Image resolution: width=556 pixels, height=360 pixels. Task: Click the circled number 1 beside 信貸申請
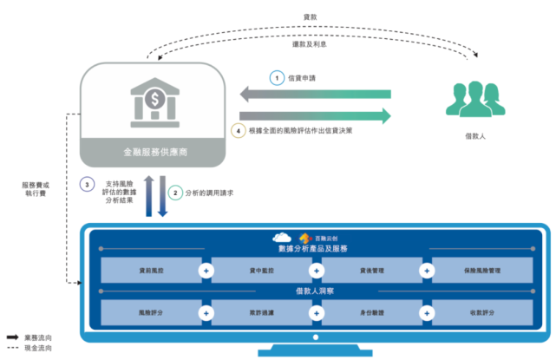pyautogui.click(x=276, y=78)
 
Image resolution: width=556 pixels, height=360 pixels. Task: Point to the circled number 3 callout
pyautogui.click(x=86, y=184)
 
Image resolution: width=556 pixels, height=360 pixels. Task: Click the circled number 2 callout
pyautogui.click(x=174, y=193)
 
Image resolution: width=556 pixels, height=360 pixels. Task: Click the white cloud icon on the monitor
pyautogui.click(x=281, y=237)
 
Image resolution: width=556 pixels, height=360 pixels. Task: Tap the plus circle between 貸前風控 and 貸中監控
pyautogui.click(x=206, y=271)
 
